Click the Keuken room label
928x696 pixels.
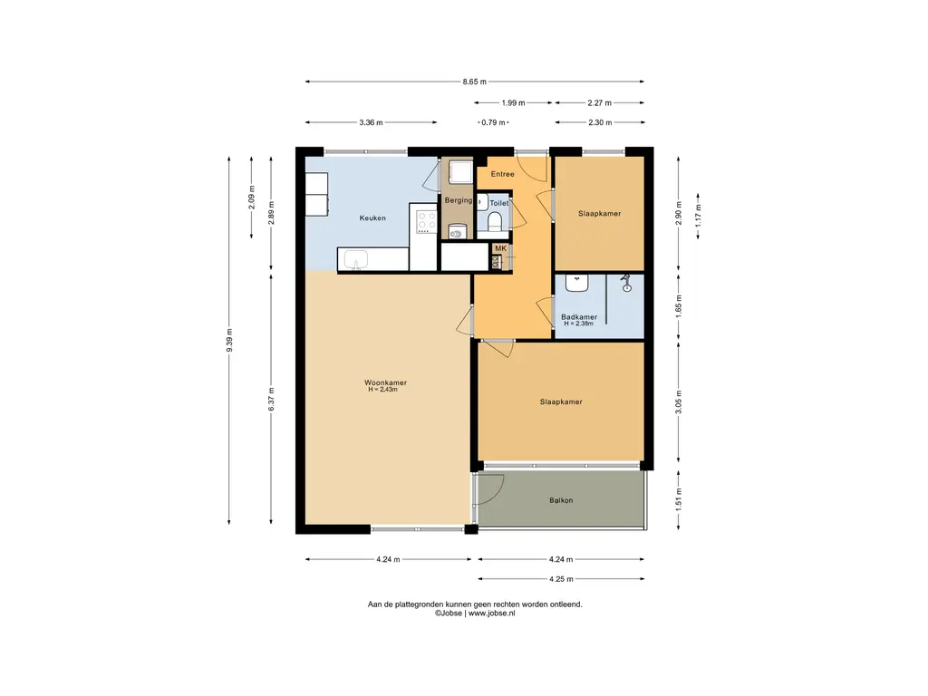372,217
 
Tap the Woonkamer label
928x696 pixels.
385,382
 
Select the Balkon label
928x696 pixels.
561,500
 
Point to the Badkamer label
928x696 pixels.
579,316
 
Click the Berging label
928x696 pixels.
459,200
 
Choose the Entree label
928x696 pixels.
502,174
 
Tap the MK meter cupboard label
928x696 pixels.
500,248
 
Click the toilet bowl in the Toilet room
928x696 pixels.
495,222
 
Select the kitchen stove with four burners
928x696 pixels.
426,222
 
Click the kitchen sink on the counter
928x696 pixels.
355,259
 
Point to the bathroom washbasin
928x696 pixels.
576,283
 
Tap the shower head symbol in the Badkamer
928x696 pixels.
627,284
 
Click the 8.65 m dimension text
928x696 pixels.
475,82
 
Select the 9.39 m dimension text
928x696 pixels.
229,341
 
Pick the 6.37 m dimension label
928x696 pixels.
271,399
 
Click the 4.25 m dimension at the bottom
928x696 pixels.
561,579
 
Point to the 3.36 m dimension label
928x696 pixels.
371,122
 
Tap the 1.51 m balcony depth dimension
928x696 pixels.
678,500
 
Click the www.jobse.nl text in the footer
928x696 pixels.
492,614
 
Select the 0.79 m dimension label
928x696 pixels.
494,122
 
